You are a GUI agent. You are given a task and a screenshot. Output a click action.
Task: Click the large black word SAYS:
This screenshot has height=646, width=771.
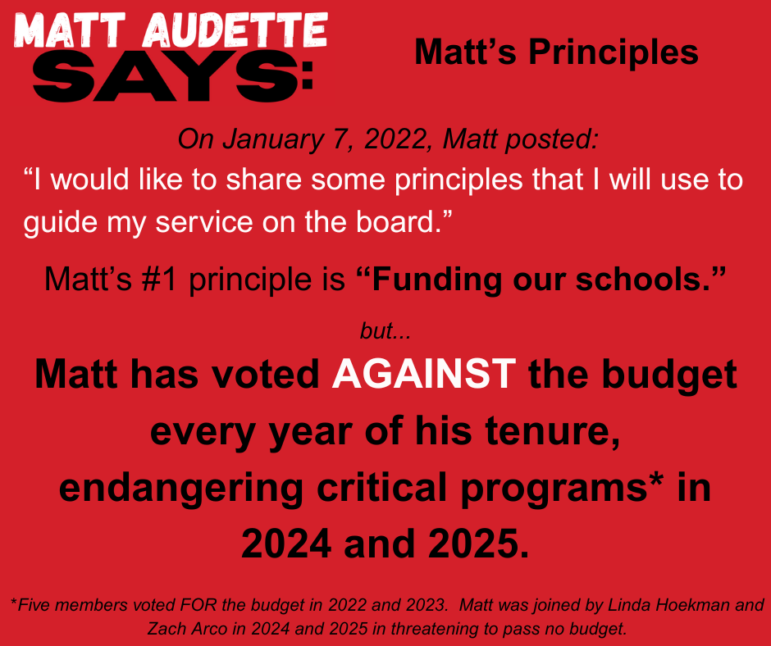pyautogui.click(x=173, y=76)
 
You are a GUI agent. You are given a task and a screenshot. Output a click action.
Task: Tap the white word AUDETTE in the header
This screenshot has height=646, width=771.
pyautogui.click(x=235, y=30)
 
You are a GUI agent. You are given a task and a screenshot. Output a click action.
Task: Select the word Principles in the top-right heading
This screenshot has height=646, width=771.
pyautogui.click(x=614, y=52)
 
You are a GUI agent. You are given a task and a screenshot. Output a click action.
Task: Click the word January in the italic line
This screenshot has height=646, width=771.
pyautogui.click(x=273, y=139)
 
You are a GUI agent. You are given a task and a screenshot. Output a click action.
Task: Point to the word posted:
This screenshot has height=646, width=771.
pyautogui.click(x=552, y=139)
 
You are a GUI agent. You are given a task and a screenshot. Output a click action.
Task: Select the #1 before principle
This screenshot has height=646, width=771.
pyautogui.click(x=160, y=280)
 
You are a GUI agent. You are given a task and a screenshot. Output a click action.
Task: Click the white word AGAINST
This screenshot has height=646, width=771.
pyautogui.click(x=424, y=374)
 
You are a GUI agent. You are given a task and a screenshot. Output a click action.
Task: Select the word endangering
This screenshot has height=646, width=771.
pyautogui.click(x=181, y=488)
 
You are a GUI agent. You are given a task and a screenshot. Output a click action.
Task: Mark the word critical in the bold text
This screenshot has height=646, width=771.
pyautogui.click(x=382, y=488)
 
